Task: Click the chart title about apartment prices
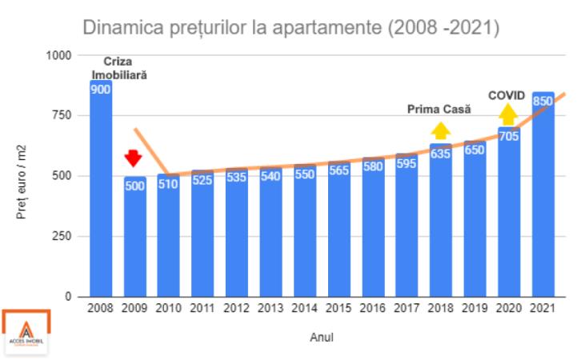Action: point(291,28)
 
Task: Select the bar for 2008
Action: point(100,192)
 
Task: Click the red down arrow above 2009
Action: point(134,158)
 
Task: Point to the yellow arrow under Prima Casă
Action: point(439,130)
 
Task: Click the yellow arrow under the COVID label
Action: point(508,114)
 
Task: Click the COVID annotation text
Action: point(507,96)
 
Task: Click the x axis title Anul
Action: point(321,337)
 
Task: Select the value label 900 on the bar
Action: point(100,90)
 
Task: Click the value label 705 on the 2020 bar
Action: point(508,136)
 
